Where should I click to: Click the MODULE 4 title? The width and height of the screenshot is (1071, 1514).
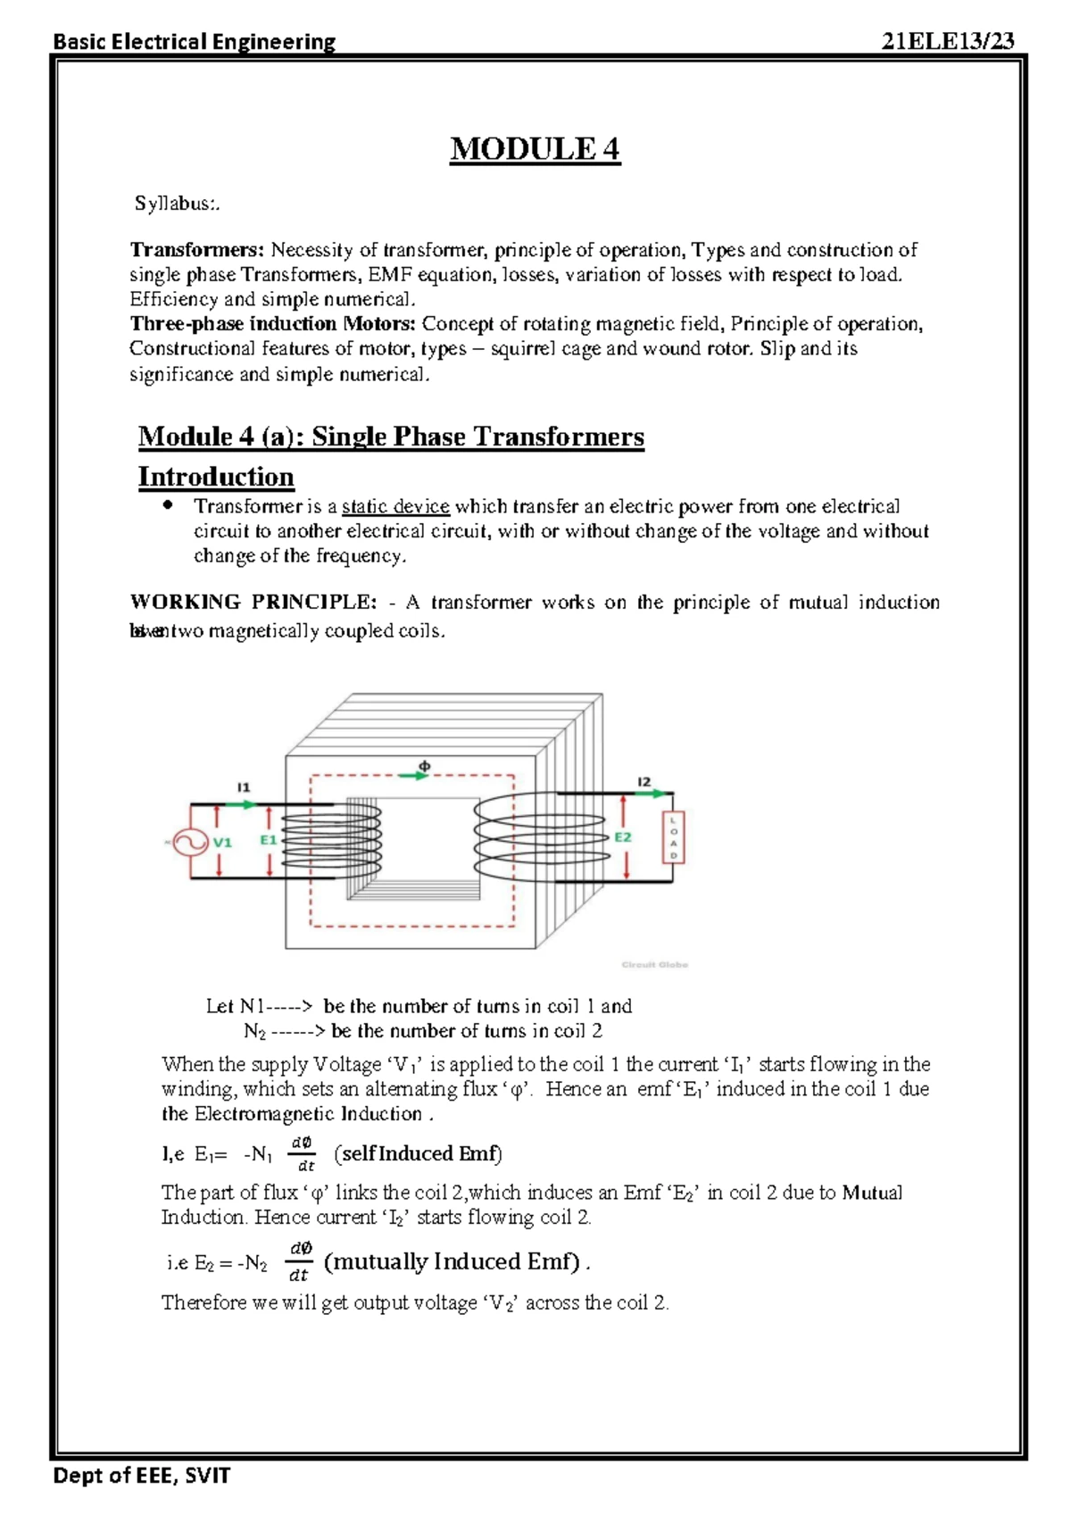[x=535, y=149]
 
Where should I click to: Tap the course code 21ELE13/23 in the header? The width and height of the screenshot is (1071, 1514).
[x=947, y=41]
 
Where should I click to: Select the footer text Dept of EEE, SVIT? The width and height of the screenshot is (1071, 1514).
[x=142, y=1476]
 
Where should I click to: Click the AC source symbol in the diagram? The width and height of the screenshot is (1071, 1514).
[x=189, y=842]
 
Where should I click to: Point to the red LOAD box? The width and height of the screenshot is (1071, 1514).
[x=673, y=838]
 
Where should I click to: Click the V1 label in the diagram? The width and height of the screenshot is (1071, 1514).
[x=222, y=842]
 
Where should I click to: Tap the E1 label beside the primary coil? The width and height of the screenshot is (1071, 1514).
[x=268, y=840]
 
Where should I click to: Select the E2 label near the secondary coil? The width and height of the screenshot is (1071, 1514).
[x=622, y=837]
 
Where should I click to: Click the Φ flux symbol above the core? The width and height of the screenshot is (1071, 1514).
[x=425, y=765]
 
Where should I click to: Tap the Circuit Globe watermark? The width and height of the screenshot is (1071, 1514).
[x=654, y=964]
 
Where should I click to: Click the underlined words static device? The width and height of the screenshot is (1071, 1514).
[x=395, y=507]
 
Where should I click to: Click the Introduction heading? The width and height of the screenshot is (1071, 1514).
[x=216, y=477]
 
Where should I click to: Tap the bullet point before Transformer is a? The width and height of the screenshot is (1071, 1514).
[x=167, y=505]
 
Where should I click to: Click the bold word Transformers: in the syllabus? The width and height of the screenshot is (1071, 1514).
[x=197, y=250]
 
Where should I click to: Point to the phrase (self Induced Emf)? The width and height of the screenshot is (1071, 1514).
[x=419, y=1153]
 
